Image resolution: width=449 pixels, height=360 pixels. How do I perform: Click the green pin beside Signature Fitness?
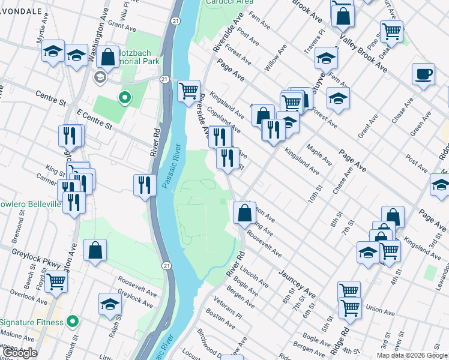[73, 322]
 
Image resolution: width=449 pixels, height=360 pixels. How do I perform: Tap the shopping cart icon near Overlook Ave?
[56, 280]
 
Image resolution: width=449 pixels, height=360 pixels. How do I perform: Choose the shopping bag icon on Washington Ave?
[109, 58]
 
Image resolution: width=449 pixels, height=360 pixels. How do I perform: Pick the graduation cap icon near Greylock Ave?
[110, 305]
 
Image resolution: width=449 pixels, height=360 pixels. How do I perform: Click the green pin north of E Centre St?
[125, 97]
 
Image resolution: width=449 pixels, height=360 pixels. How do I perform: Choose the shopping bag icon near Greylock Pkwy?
[95, 251]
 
